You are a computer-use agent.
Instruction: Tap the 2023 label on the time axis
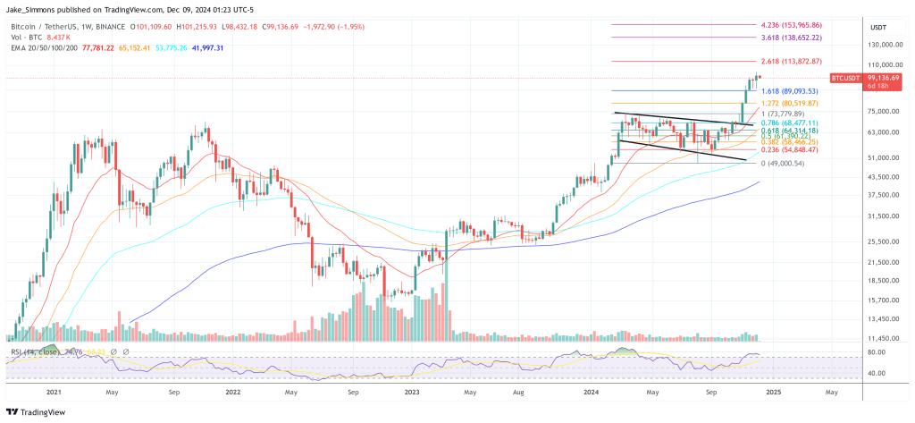(x=412, y=391)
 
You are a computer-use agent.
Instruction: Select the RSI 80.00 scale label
(x=876, y=352)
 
